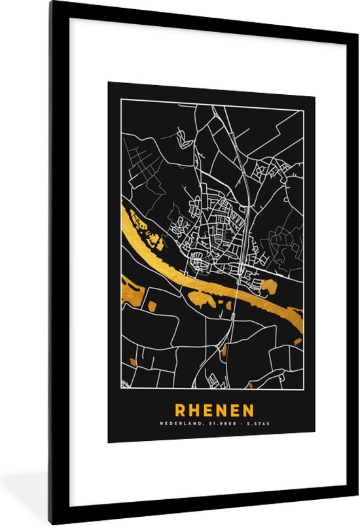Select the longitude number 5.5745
[257, 425]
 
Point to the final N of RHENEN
[247, 410]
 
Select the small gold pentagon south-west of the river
[153, 306]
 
